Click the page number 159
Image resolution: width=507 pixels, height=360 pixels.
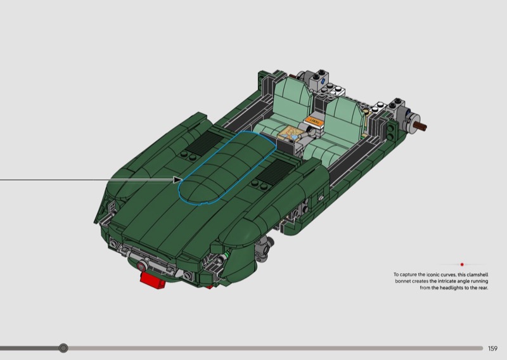[492, 349]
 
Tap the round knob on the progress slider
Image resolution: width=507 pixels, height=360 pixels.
[63, 348]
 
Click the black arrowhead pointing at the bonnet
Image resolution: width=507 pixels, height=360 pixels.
[177, 180]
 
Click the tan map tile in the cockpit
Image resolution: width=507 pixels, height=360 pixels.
[289, 132]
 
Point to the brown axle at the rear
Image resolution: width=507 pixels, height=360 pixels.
[420, 127]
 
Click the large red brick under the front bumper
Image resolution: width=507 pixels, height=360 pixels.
[153, 280]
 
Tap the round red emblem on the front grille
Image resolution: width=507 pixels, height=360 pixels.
[141, 267]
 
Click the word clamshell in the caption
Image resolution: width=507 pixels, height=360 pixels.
[478, 274]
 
